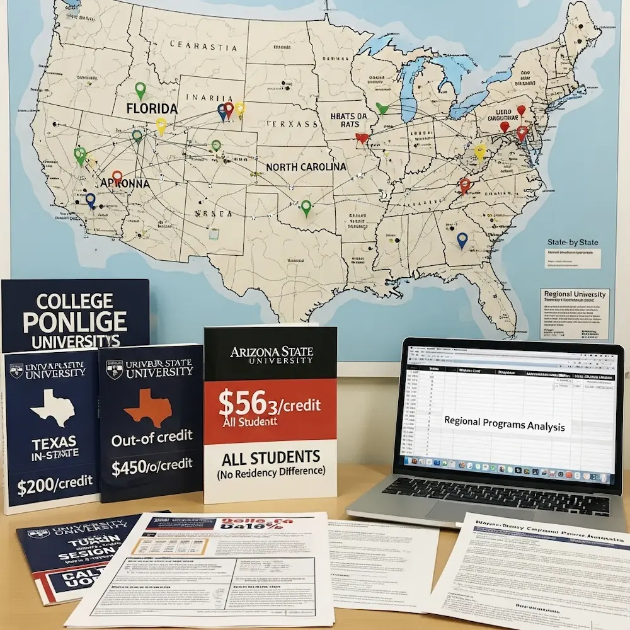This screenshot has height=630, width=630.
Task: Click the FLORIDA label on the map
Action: (x=152, y=108)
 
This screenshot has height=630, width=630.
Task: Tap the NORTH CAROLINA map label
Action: (x=306, y=167)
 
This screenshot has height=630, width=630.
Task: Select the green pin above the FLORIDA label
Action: (x=140, y=91)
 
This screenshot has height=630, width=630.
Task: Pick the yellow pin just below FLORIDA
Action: (x=161, y=126)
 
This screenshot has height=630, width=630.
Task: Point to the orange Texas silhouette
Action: (x=148, y=406)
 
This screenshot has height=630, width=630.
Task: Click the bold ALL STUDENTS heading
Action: (x=270, y=456)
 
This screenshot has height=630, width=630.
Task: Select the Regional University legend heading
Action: (x=574, y=294)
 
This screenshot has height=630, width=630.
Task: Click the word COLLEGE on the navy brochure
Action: (x=74, y=301)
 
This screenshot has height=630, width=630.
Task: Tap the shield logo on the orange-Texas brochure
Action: (x=114, y=369)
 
